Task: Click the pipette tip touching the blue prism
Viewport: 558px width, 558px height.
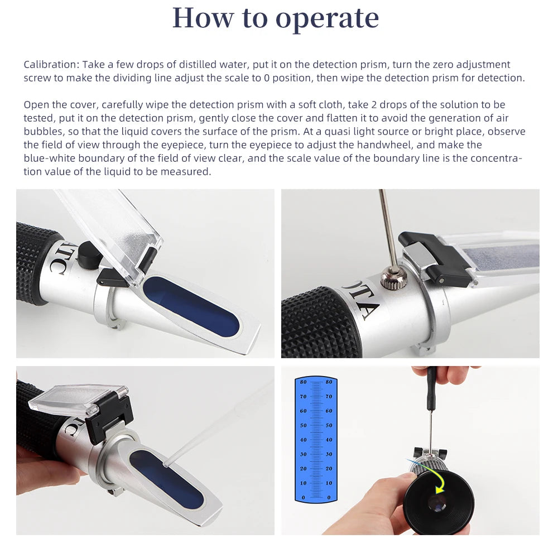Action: [x=166, y=463]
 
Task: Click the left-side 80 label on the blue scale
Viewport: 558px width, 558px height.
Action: [x=303, y=382]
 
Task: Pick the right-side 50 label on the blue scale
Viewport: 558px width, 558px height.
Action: [x=329, y=426]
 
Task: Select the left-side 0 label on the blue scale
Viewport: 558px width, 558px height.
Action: [x=303, y=497]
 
